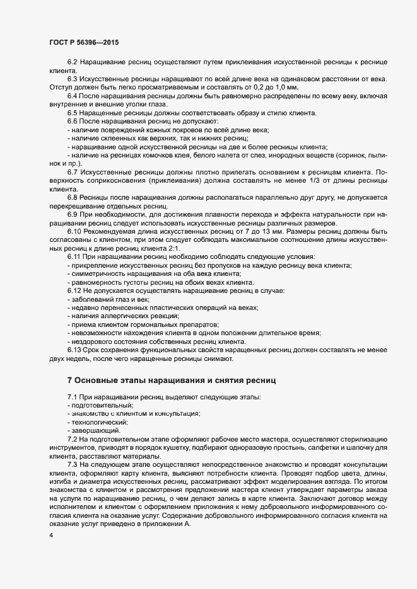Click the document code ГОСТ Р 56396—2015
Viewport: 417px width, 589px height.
(83, 42)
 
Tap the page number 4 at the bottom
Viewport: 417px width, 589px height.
(51, 535)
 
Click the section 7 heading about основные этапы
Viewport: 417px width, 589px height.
(171, 380)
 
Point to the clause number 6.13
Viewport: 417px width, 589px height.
(74, 349)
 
